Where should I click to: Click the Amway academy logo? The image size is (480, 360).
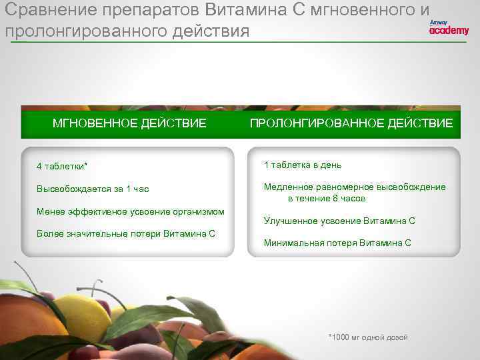coord(449,27)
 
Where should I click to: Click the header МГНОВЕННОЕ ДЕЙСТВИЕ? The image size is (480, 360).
coord(129,123)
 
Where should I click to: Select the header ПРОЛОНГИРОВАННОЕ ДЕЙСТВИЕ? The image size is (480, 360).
coord(351,123)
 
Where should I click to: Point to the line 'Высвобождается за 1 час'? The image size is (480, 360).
coord(93,189)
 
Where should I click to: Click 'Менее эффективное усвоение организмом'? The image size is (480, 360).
coord(131,212)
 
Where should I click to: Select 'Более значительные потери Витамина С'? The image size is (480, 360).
coord(126,234)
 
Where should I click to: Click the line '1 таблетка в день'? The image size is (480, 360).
coord(303,165)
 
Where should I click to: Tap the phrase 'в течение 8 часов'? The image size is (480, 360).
coord(327,199)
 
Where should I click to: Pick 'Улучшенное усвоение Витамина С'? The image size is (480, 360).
coord(339,221)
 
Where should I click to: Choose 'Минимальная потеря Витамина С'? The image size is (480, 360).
coord(337,243)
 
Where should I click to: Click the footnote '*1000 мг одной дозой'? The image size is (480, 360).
coord(368,337)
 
